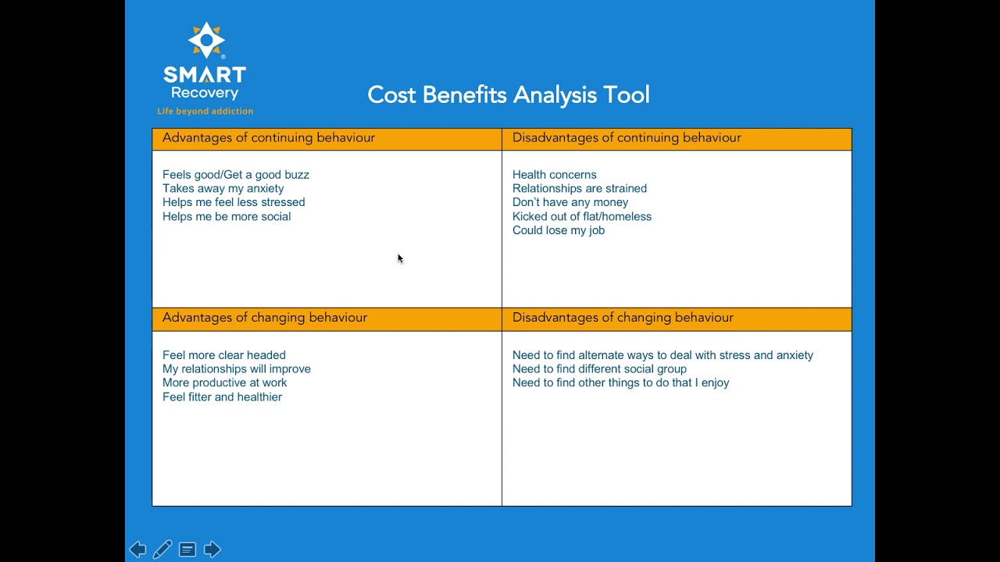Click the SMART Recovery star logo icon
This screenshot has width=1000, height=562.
coord(206,40)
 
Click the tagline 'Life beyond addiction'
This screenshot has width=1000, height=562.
coord(205,111)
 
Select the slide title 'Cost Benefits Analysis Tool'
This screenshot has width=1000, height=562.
coord(509,95)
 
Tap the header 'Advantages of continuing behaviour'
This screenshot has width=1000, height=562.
coord(268,138)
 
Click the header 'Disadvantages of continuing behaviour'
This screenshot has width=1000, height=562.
coord(627,138)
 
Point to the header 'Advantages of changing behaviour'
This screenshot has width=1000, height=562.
coord(265,318)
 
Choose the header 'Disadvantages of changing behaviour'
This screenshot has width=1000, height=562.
coord(623,318)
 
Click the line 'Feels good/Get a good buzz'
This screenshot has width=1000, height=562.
coord(236,175)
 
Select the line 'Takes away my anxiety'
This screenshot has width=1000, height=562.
coord(223,189)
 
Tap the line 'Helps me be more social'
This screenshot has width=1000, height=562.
coord(227,217)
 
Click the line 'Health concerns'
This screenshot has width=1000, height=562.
coord(554,175)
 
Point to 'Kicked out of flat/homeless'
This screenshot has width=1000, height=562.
coord(582,217)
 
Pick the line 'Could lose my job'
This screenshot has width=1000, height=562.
coord(559,230)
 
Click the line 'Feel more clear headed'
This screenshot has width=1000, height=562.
coord(224,355)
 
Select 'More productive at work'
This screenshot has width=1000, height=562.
coord(224,382)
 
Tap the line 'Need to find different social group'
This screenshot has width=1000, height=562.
coord(599,369)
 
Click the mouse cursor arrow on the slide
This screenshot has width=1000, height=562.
coord(401,258)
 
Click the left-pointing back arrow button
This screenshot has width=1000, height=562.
coord(137,550)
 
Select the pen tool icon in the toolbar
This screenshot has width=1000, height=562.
coord(162,550)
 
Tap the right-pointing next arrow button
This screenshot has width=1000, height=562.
coord(212,550)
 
